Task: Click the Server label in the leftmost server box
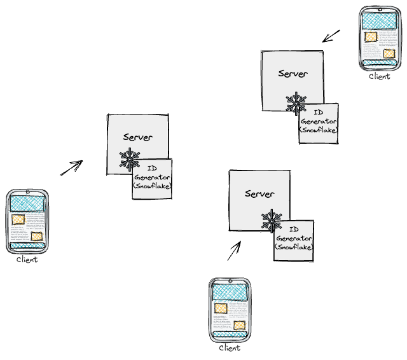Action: click(x=137, y=137)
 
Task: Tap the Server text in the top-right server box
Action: click(x=293, y=73)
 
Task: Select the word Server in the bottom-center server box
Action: click(x=259, y=193)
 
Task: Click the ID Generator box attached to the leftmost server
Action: click(x=153, y=179)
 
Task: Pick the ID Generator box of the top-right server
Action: click(x=319, y=122)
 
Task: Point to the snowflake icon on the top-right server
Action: click(x=296, y=103)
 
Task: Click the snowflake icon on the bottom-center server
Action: click(x=272, y=220)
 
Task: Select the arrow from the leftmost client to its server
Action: click(x=72, y=168)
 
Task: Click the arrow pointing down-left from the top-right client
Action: click(x=331, y=36)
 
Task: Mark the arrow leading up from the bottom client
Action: click(x=235, y=251)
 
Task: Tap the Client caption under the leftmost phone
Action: click(x=27, y=260)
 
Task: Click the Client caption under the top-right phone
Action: click(x=380, y=76)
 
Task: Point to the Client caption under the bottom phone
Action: click(x=230, y=348)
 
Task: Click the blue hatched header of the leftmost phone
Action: click(x=27, y=203)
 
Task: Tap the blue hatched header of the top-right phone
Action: click(x=380, y=20)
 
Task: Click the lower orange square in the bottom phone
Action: click(x=239, y=325)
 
